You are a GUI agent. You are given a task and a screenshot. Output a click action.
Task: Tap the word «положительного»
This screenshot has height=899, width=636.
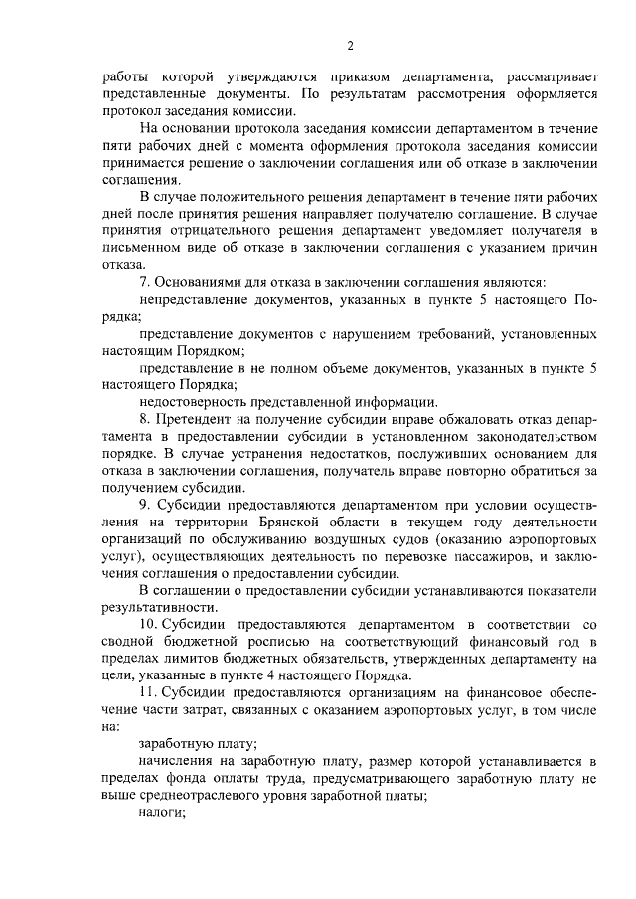coord(250,197)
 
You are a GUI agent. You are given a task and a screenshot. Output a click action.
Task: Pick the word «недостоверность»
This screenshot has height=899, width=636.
coord(194,401)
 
